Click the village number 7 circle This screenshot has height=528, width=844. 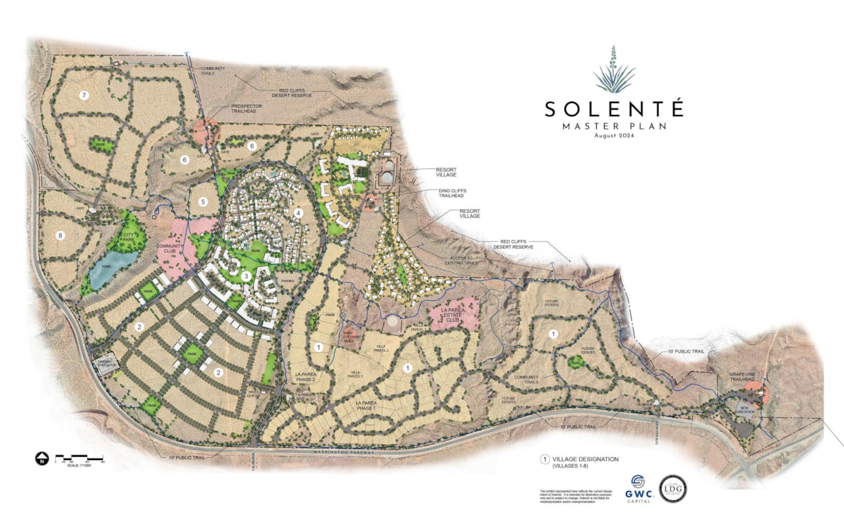84,96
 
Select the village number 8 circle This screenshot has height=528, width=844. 60,235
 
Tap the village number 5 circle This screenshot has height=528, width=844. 204,202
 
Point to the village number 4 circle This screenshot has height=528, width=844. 298,213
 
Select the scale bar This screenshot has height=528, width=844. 79,457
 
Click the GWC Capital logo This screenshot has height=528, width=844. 638,488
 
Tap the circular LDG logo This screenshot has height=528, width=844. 673,488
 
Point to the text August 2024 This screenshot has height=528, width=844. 613,135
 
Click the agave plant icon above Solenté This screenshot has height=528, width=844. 614,70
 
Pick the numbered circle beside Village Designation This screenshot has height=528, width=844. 545,459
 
